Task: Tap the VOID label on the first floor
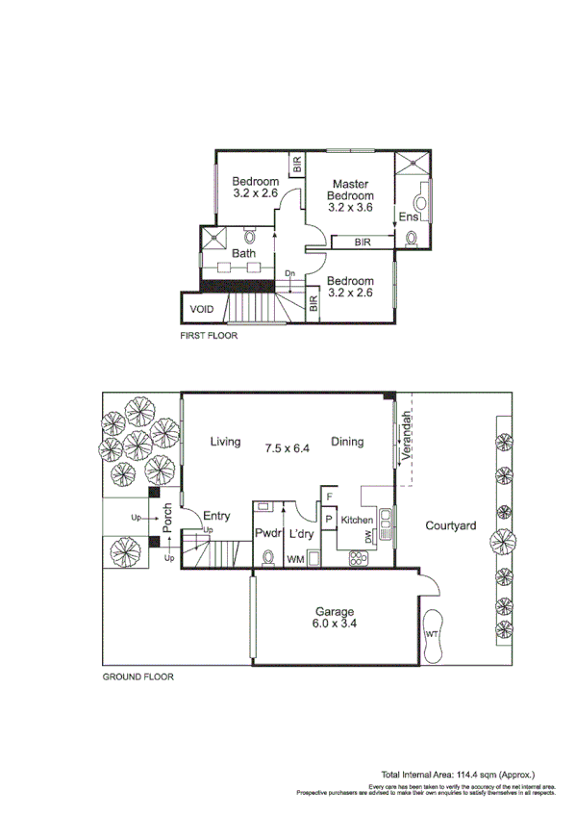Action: (201, 309)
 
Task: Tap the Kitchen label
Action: (357, 520)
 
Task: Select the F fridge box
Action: (329, 497)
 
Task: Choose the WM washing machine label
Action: (294, 558)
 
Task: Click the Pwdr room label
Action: (266, 533)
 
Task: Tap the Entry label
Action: (216, 517)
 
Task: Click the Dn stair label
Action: (290, 273)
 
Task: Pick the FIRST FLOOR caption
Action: (209, 336)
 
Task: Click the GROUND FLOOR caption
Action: (138, 676)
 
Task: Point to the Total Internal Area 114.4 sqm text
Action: (458, 774)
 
